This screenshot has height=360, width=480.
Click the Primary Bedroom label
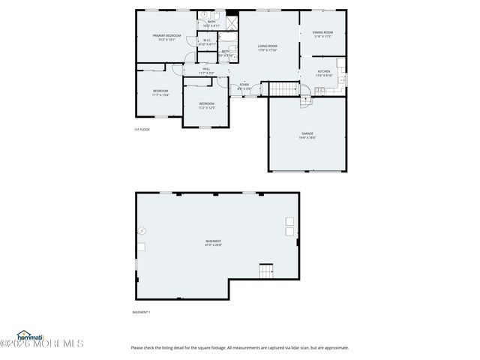tap(167, 35)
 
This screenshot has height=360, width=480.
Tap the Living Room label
tap(268, 46)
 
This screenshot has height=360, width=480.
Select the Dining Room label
tap(322, 32)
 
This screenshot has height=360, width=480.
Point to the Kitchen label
tap(323, 71)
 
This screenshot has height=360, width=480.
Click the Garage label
tap(307, 133)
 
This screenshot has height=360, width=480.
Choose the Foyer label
tap(244, 85)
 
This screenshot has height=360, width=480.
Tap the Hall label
tap(207, 69)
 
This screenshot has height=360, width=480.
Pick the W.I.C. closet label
tap(207, 40)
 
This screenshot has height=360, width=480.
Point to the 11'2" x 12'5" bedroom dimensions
tap(206, 108)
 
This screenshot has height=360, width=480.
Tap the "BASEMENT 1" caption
tap(141, 312)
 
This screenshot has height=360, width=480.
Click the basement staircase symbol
tap(266, 271)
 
